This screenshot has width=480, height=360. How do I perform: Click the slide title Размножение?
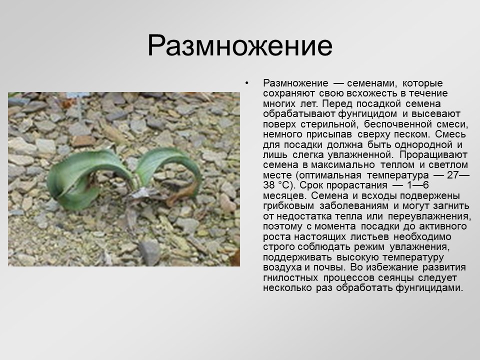click(x=239, y=46)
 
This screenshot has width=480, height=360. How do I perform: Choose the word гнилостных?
click(x=289, y=277)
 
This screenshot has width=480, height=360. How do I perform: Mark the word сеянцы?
click(x=388, y=277)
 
